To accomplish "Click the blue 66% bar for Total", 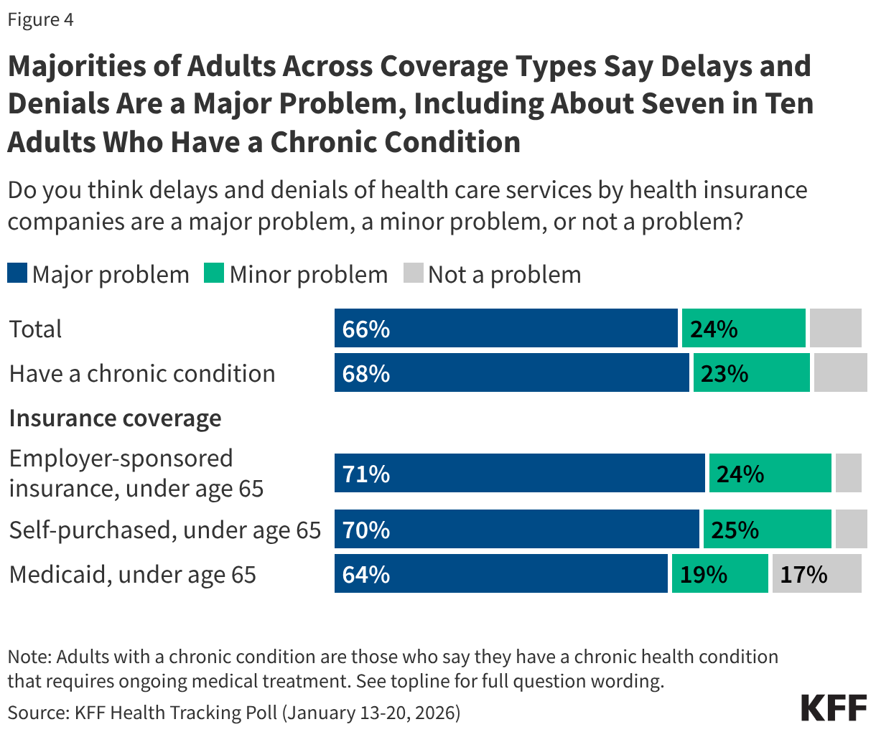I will pos(505,329).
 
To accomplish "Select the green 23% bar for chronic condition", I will pos(751,373).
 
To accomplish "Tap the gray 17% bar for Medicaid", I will pos(816,574).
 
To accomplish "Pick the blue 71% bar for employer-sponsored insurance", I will pos(519,474).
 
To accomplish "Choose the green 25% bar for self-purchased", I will pos(767,530).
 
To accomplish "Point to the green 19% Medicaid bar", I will pos(719,574).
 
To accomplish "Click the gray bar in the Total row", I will pos(835,329).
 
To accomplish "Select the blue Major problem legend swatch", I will pos(17,274).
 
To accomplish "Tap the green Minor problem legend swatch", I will pos(214,274).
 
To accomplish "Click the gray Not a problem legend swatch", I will pos(413,274).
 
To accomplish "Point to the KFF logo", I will pos(834,708).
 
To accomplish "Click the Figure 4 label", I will pos(41,19).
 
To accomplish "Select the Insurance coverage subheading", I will pos(115,418).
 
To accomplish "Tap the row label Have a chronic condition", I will pos(142,373).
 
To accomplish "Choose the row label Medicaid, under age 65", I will pos(133,574).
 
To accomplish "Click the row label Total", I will pos(36,329).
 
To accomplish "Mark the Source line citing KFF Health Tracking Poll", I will pos(234,712).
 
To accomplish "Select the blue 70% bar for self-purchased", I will pos(516,530).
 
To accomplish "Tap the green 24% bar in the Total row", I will pos(743,329).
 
